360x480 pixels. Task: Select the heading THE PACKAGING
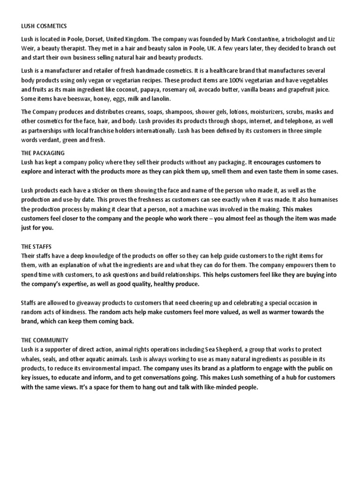(x=43, y=153)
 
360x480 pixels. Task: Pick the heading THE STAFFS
(x=37, y=246)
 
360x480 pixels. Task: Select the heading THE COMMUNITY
(x=45, y=340)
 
